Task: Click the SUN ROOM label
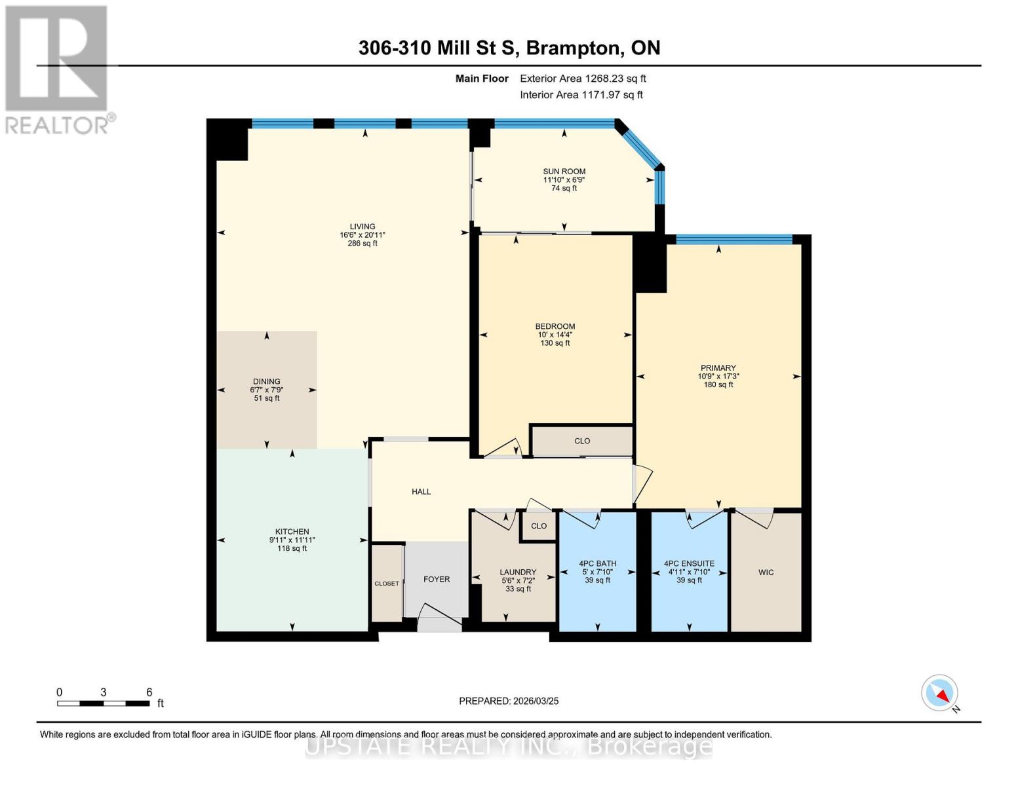pyautogui.click(x=564, y=172)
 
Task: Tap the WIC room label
pyautogui.click(x=766, y=572)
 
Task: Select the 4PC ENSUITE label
pyautogui.click(x=689, y=563)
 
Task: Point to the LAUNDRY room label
pyautogui.click(x=518, y=572)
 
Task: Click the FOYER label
pyautogui.click(x=437, y=579)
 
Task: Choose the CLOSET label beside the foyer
pyautogui.click(x=387, y=584)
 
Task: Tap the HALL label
pyautogui.click(x=421, y=492)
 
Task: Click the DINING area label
pyautogui.click(x=266, y=381)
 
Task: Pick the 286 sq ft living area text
pyautogui.click(x=362, y=244)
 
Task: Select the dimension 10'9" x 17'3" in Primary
pyautogui.click(x=718, y=377)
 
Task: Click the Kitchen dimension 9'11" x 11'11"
pyautogui.click(x=292, y=540)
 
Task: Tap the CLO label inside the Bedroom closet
pyautogui.click(x=582, y=441)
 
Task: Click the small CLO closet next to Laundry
pyautogui.click(x=539, y=526)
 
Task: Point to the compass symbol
pyautogui.click(x=940, y=693)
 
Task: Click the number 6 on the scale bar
pyautogui.click(x=149, y=692)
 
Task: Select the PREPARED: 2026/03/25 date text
pyautogui.click(x=509, y=701)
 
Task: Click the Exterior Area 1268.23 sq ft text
pyautogui.click(x=583, y=79)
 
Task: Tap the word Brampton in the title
pyautogui.click(x=574, y=48)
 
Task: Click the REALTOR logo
pyautogui.click(x=57, y=69)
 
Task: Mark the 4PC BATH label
pyautogui.click(x=597, y=563)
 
